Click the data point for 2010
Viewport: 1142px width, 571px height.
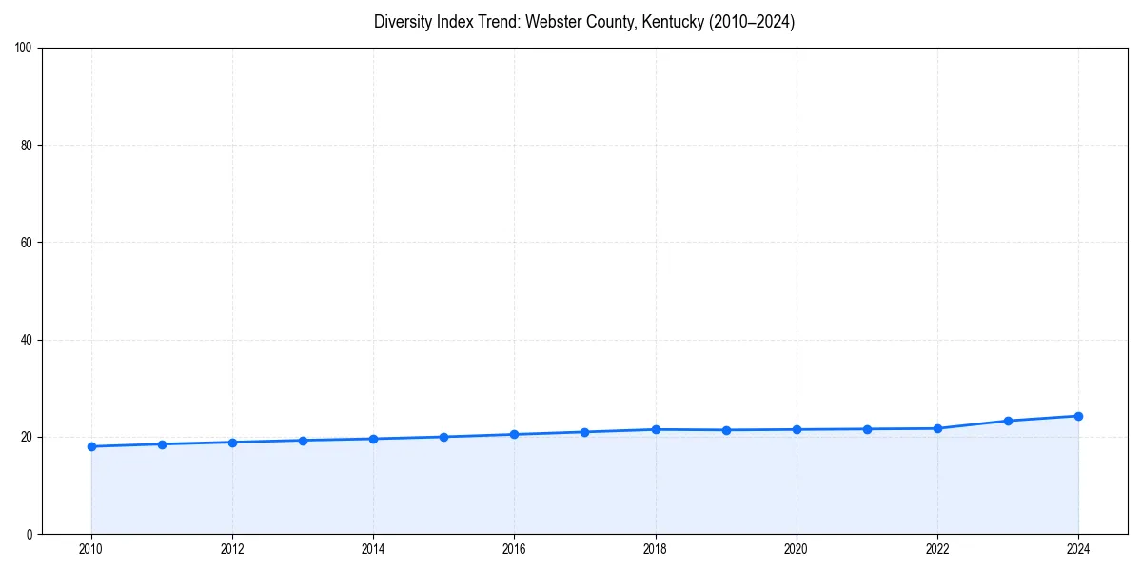tap(91, 446)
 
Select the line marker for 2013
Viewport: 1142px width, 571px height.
tap(303, 441)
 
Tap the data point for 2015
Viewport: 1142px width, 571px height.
tap(443, 437)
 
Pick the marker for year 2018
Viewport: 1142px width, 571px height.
tap(655, 429)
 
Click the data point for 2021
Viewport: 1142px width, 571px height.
tap(867, 429)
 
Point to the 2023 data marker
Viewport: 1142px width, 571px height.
tap(1008, 421)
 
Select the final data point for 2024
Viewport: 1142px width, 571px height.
tap(1078, 416)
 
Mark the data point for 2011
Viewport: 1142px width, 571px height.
tap(162, 444)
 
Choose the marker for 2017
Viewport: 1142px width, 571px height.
tap(584, 432)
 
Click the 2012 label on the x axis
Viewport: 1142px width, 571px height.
tap(232, 549)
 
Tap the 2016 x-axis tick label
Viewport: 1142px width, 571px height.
tap(514, 549)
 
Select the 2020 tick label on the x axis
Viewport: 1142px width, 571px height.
tap(797, 549)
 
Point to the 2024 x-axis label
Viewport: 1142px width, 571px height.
tap(1078, 549)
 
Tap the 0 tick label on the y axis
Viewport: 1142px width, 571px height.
tap(30, 534)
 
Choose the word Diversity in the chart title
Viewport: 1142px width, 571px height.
tap(404, 22)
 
